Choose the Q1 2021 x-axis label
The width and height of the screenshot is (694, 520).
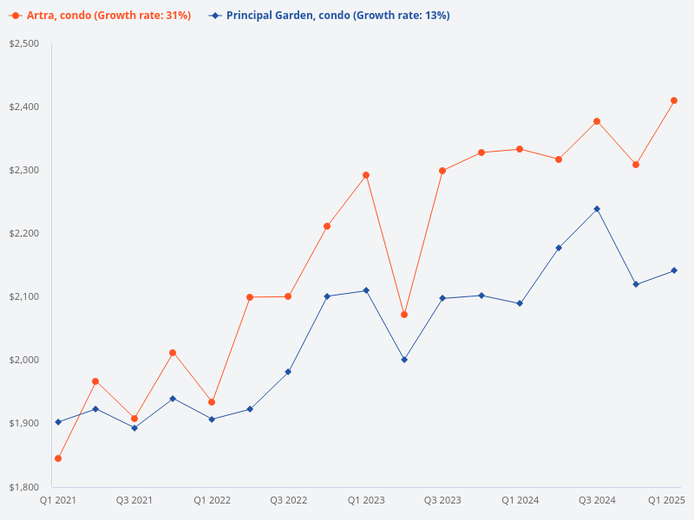click(x=58, y=500)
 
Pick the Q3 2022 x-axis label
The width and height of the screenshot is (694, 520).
click(x=289, y=500)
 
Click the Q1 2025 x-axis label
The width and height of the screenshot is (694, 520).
click(x=667, y=500)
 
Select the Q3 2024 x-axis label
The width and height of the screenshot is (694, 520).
click(x=597, y=500)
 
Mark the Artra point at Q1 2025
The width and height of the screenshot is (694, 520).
click(x=674, y=101)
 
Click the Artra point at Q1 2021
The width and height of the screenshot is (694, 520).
click(x=58, y=458)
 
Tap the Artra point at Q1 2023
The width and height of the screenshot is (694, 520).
click(x=366, y=175)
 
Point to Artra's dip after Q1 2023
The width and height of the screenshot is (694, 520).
click(x=404, y=315)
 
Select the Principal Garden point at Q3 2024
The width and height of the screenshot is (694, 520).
click(x=597, y=209)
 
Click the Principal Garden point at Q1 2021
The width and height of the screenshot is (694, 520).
click(x=58, y=422)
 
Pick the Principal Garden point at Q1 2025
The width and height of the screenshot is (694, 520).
click(x=674, y=270)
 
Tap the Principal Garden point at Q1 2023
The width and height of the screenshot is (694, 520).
click(x=366, y=290)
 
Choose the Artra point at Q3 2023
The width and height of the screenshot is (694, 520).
click(x=442, y=171)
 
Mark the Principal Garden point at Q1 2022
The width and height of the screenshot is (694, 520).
click(x=212, y=419)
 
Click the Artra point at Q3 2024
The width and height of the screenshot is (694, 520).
click(x=597, y=121)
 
